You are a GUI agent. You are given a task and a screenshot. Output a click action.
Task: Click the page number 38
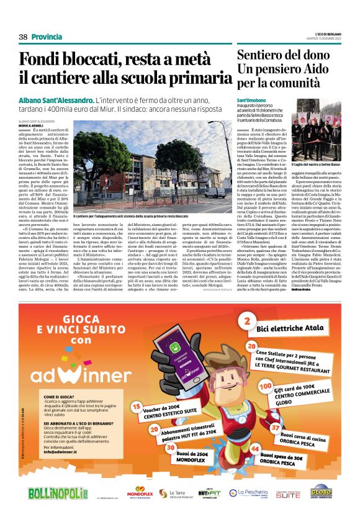click(24, 37)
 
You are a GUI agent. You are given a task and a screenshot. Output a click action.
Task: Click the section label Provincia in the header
click(47, 37)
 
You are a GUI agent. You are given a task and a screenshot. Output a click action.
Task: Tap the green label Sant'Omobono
click(252, 100)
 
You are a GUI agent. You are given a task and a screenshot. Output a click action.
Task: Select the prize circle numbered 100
click(266, 386)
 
